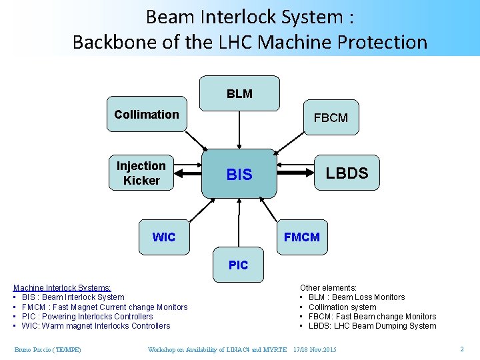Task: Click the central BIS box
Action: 239,174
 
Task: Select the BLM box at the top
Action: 239,94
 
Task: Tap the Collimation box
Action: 147,115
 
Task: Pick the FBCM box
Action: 331,118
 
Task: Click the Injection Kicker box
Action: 141,173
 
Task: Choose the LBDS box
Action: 347,173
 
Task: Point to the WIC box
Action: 164,237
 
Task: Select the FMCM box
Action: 301,237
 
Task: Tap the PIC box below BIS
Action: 238,265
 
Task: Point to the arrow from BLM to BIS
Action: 239,130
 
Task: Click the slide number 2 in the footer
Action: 461,349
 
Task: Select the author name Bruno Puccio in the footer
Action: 47,350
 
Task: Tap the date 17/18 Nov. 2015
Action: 315,350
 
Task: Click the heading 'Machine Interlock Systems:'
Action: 62,288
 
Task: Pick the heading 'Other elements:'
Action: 328,288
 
